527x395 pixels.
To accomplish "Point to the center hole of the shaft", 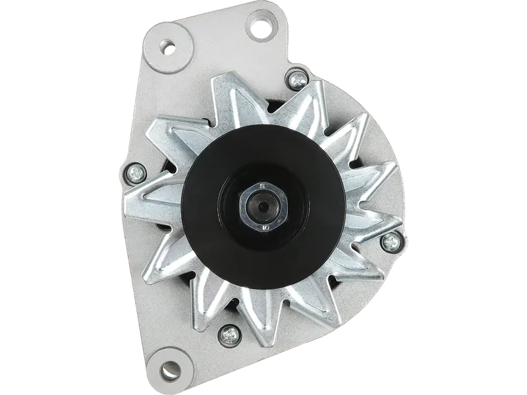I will pos(263,207).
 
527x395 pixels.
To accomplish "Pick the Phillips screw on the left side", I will pos(135,172).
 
